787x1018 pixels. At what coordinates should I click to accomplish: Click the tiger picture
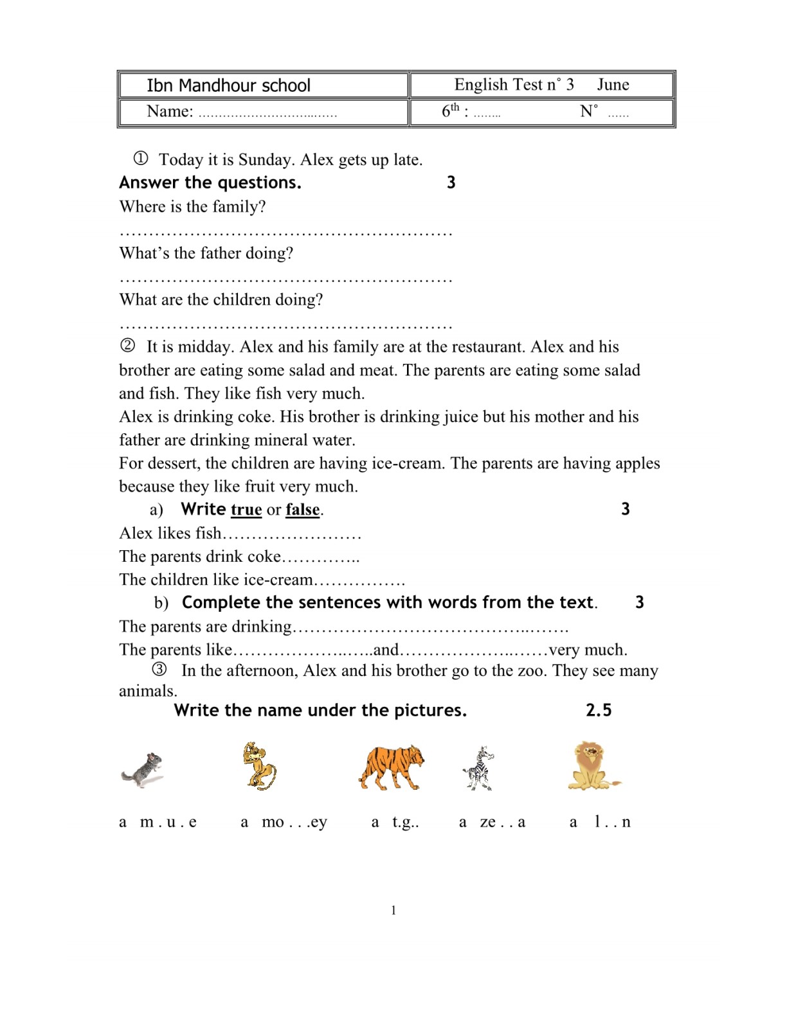coord(392,767)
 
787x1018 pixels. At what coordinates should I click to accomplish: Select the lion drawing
coord(592,765)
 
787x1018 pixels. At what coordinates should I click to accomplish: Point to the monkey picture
coord(259,766)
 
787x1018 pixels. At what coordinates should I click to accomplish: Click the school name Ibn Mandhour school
coord(228,85)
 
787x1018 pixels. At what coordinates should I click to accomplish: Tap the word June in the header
coord(613,85)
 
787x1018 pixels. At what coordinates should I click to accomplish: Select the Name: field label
coord(170,111)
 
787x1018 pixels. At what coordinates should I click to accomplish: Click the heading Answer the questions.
coord(210,183)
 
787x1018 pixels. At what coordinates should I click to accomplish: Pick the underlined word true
coord(246,510)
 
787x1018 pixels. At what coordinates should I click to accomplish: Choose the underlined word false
coord(302,510)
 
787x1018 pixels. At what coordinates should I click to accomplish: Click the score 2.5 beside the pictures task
coord(599,710)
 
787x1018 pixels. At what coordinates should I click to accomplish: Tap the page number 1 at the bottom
coord(394,910)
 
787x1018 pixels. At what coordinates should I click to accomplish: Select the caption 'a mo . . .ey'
coord(284,822)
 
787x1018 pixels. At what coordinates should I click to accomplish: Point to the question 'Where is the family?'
coord(192,207)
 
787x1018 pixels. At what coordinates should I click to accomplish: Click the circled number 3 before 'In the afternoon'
coord(159,670)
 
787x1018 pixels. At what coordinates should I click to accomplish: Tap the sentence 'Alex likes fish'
coord(170,533)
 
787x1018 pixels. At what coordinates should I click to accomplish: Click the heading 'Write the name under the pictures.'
coord(320,710)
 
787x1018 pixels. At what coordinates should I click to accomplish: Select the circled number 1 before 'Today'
coord(141,158)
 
